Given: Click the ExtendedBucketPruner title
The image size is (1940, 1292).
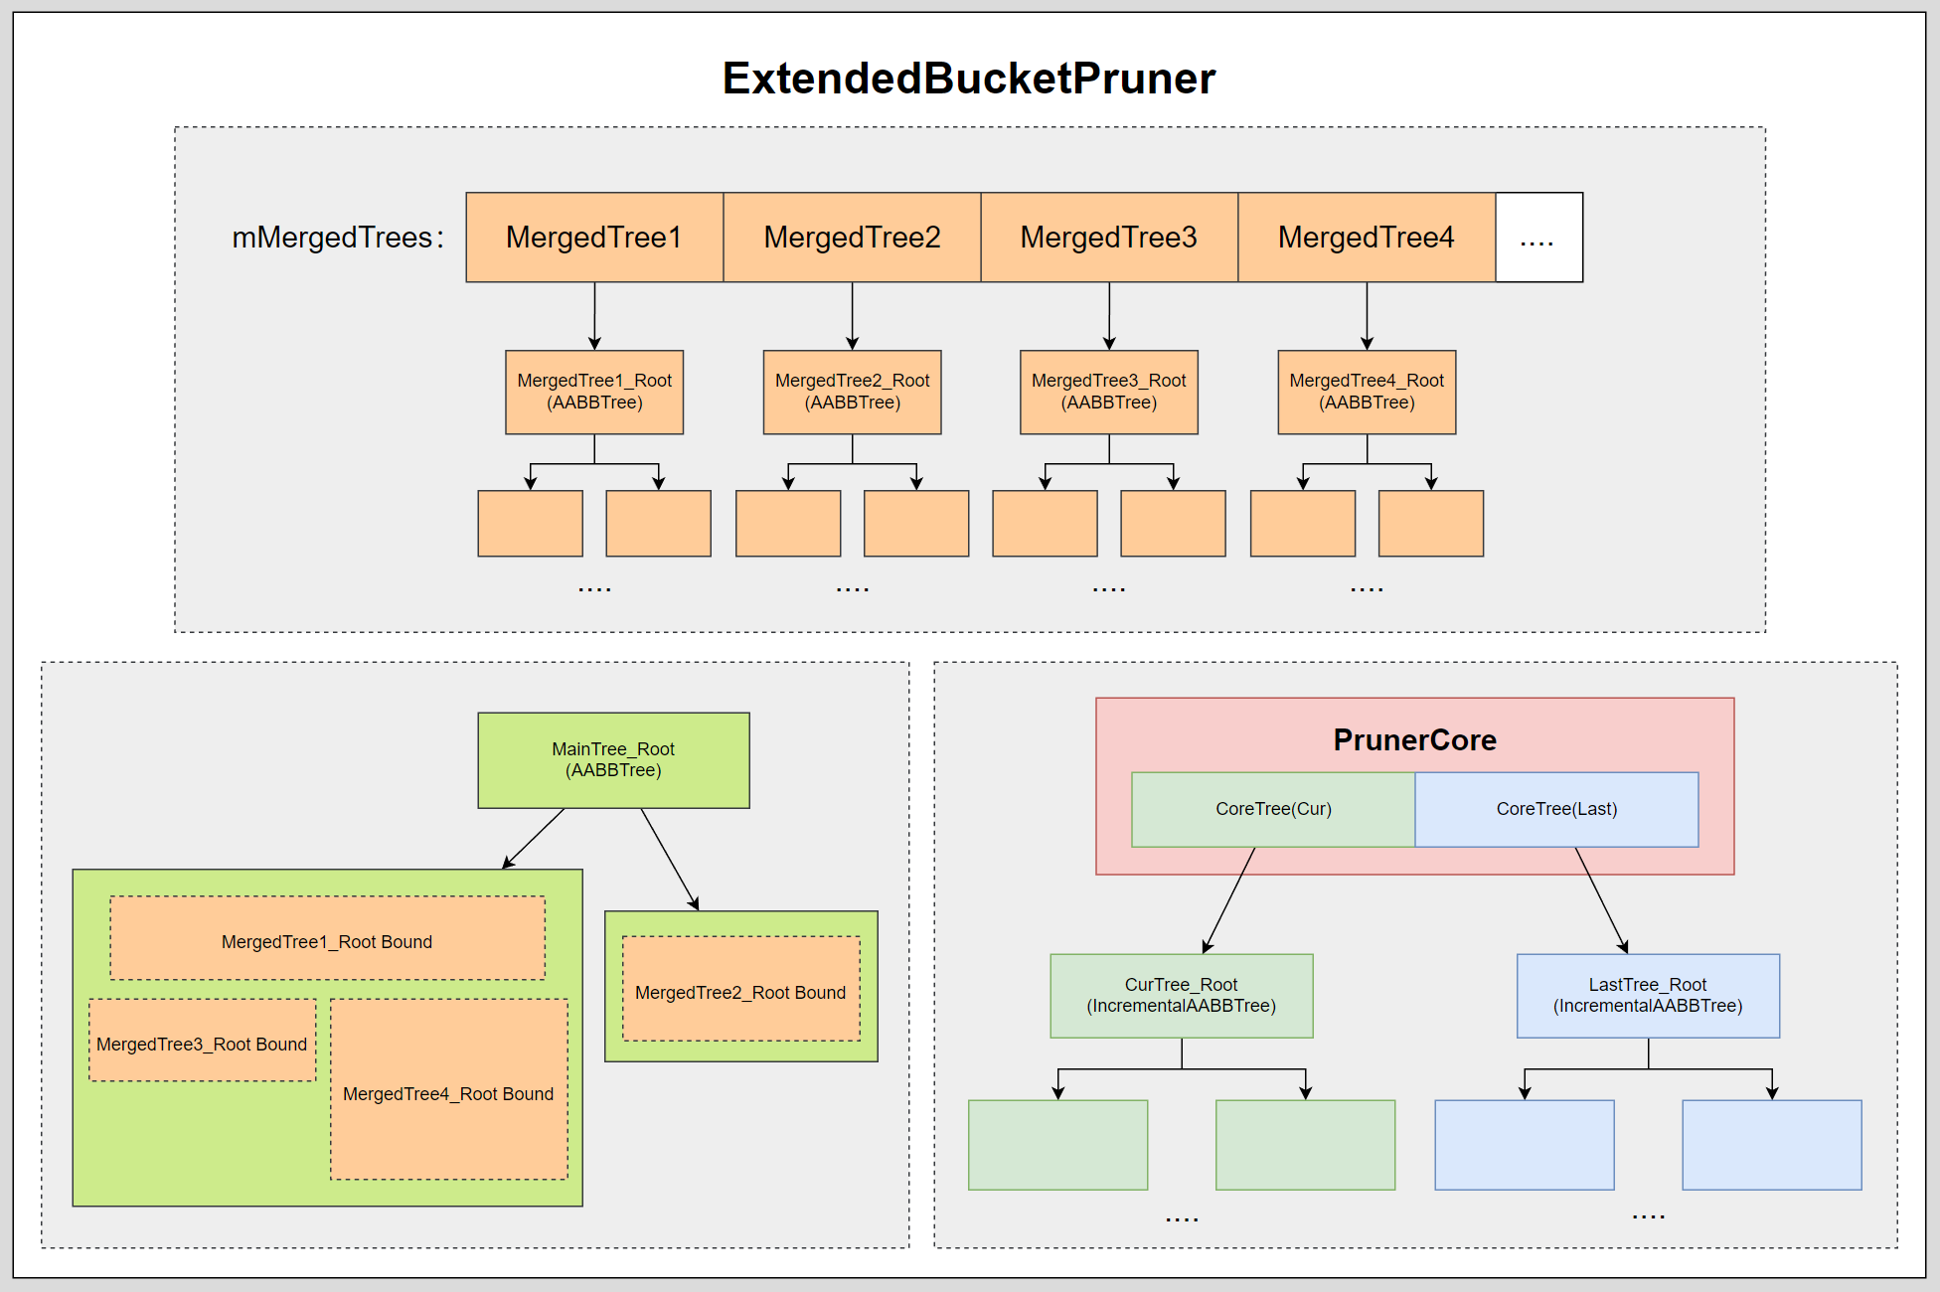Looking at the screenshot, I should coord(968,79).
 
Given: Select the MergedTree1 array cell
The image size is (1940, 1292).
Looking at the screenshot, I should coord(594,238).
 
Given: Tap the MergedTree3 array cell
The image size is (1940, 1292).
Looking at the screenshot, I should coord(1109,238).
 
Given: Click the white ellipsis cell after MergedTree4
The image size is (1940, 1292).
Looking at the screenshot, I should coord(1538,238).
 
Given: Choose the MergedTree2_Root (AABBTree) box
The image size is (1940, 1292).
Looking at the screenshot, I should coord(852,392).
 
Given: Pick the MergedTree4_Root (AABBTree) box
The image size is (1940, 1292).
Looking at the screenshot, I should coord(1367,392).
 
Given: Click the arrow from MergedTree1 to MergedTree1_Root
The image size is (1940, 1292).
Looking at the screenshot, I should coord(594,316).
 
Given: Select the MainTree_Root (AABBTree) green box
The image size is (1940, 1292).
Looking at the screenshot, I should coord(613,760).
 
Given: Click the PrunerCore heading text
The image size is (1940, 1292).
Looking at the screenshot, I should coord(1414,739).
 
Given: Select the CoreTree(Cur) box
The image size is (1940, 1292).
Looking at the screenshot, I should coord(1273,809).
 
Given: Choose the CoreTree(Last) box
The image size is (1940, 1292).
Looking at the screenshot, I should coord(1556,809).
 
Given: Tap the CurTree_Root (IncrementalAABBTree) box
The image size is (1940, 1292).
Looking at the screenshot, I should coord(1181,996).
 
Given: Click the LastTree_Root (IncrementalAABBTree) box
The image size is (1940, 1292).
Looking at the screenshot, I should coord(1648,996).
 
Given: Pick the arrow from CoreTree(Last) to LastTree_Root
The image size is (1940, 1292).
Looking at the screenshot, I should coord(1601,900).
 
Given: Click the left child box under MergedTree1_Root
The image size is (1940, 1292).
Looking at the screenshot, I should coord(530,523).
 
